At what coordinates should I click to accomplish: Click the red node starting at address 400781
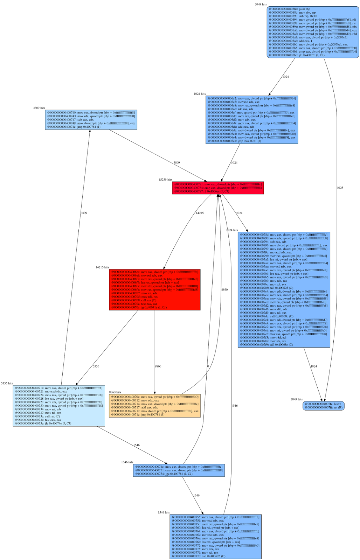218,188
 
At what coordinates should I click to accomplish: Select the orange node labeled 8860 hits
155,406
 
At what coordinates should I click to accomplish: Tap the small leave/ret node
324,406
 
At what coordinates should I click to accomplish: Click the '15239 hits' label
165,180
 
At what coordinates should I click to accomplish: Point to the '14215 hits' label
102,267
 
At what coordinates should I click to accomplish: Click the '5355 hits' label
7,383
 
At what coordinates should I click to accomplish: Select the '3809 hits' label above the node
39,108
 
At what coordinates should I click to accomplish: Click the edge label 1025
340,188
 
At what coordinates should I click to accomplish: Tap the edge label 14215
200,213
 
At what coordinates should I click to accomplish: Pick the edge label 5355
96,366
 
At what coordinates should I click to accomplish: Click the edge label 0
208,366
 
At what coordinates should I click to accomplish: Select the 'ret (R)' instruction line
324,407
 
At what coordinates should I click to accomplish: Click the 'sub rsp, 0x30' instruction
292,16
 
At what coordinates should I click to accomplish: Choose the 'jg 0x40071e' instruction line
139,307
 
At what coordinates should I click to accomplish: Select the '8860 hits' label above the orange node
115,392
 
